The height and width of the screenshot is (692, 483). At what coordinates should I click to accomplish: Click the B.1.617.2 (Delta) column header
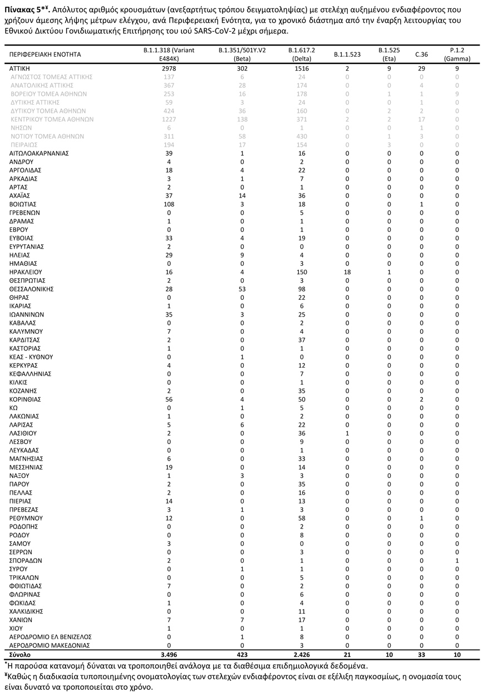pyautogui.click(x=302, y=55)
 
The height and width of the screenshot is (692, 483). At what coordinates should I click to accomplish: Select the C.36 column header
pyautogui.click(x=422, y=55)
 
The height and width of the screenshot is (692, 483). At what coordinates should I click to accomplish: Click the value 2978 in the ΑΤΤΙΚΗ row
pyautogui.click(x=169, y=68)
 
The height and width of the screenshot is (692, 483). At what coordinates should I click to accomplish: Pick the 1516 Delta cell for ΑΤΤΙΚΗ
pyautogui.click(x=302, y=68)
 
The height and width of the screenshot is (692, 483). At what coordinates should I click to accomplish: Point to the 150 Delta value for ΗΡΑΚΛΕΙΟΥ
pyautogui.click(x=302, y=273)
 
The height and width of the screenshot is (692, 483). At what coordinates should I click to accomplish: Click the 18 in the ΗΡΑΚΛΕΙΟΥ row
pyautogui.click(x=347, y=273)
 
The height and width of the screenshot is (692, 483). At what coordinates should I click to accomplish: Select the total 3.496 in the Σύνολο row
pyautogui.click(x=169, y=655)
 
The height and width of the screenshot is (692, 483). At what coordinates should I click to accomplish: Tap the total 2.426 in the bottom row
pyautogui.click(x=302, y=655)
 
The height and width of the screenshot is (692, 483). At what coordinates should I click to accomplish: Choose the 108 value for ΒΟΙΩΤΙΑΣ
pyautogui.click(x=169, y=204)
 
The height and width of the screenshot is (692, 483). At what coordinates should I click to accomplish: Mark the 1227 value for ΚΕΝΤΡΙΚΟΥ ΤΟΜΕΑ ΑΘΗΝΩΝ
pyautogui.click(x=169, y=119)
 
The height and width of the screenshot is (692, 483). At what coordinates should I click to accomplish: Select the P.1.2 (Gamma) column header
pyautogui.click(x=457, y=55)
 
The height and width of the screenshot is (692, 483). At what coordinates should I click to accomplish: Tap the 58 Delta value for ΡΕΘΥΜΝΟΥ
pyautogui.click(x=302, y=518)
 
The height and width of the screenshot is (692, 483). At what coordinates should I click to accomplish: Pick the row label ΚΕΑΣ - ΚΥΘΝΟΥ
pyautogui.click(x=31, y=357)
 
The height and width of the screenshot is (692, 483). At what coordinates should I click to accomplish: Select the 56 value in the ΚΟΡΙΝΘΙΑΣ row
pyautogui.click(x=169, y=399)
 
